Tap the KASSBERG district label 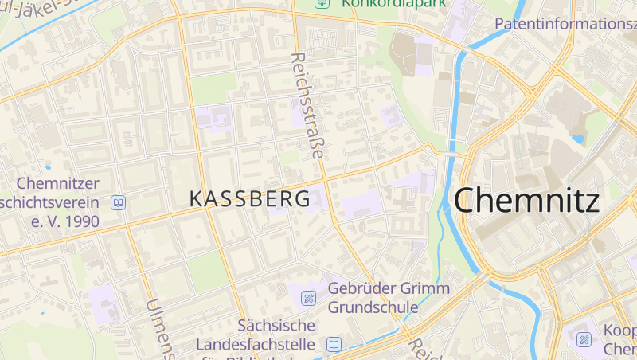coord(249,199)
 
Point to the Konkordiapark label coord(393,3)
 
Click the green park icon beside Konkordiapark coord(321,2)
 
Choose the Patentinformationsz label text coord(565,24)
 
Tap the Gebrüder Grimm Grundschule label coord(389,297)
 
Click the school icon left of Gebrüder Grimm coord(308,298)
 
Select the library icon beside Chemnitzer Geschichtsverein coord(119,202)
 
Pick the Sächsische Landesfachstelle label coord(277,335)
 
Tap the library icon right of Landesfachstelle coord(334,345)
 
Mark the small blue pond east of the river coord(577,139)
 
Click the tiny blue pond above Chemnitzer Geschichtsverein coord(48,167)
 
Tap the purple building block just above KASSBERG coord(213,118)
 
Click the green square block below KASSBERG coord(206,272)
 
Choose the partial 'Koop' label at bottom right coord(619,331)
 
